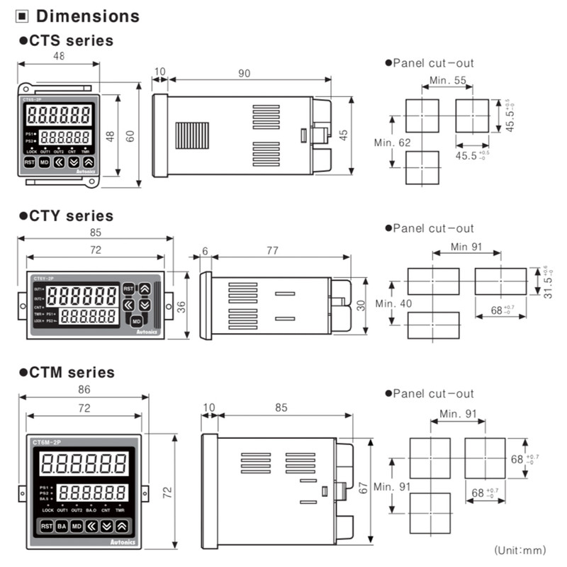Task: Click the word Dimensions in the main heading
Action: click(87, 16)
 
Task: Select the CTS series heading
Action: click(70, 40)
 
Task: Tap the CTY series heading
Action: click(70, 215)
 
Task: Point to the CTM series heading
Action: click(70, 372)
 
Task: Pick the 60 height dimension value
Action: click(130, 136)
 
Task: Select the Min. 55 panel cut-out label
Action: click(449, 81)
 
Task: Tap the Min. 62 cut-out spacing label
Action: click(392, 142)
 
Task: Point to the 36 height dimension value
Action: click(181, 306)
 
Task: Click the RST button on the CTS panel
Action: click(30, 162)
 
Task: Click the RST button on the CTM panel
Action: click(47, 526)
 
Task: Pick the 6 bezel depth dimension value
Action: click(205, 250)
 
